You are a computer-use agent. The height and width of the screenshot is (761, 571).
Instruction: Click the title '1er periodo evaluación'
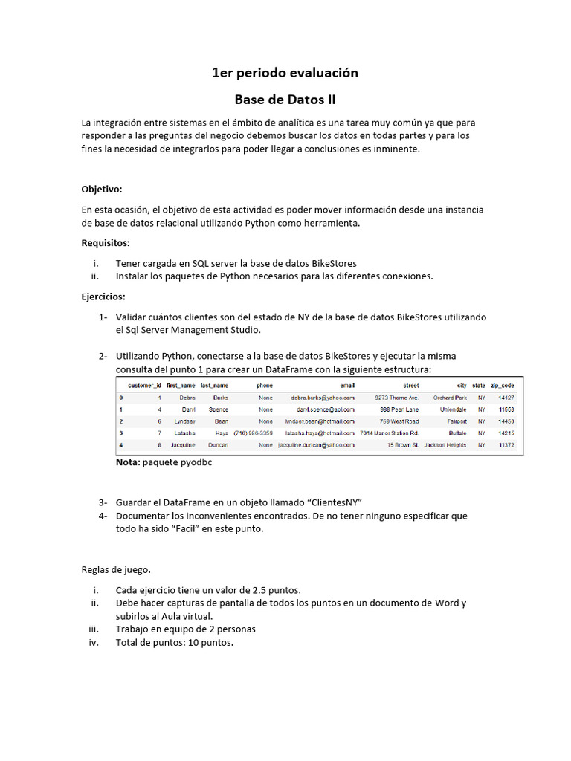click(x=285, y=73)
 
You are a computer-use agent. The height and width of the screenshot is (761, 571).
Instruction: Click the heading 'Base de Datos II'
click(x=285, y=99)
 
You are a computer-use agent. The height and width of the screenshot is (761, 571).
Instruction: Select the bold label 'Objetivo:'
click(x=102, y=189)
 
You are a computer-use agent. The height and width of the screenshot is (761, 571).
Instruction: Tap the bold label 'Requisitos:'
click(x=106, y=242)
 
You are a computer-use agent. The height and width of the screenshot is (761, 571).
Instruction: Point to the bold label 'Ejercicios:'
click(x=103, y=296)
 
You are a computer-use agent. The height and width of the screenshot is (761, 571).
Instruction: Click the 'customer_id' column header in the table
click(x=144, y=386)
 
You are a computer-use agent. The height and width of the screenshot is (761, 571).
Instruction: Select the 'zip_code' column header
click(x=503, y=386)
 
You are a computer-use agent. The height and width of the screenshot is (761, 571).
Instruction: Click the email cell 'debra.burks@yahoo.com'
click(x=323, y=398)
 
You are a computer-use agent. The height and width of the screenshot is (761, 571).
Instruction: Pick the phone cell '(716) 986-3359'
click(x=253, y=433)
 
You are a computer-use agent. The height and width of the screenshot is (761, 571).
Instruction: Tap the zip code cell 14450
click(x=506, y=421)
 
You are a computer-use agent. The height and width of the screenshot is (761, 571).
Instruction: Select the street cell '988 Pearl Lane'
click(x=399, y=409)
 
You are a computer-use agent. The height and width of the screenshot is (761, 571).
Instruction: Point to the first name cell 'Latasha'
click(x=184, y=433)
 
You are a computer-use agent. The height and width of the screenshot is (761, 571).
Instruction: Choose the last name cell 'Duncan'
click(x=216, y=444)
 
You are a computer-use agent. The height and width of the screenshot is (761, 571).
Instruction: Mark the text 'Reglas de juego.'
click(x=116, y=570)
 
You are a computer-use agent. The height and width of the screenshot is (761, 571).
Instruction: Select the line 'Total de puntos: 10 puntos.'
click(x=175, y=642)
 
